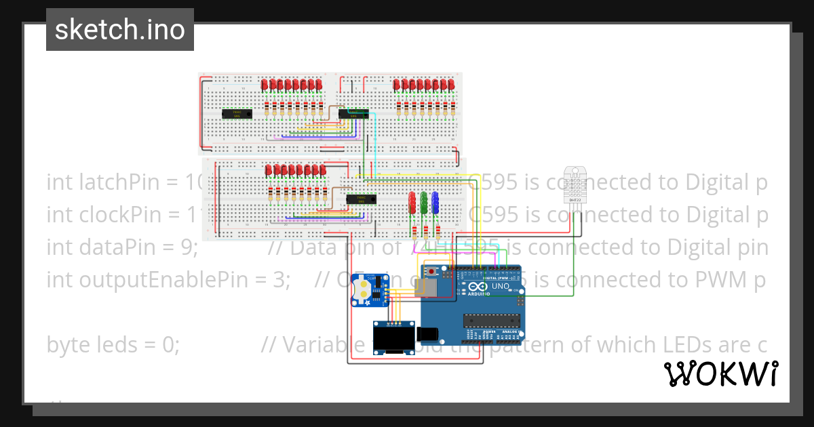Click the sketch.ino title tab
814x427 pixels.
pyautogui.click(x=120, y=30)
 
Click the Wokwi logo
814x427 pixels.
pyautogui.click(x=720, y=373)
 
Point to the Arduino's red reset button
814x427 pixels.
pyautogui.click(x=432, y=272)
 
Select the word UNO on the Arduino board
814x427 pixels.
pyautogui.click(x=500, y=286)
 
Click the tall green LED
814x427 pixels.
pyautogui.click(x=424, y=202)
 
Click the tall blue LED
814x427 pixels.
pyautogui.click(x=435, y=202)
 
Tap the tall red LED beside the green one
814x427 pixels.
pyautogui.click(x=412, y=202)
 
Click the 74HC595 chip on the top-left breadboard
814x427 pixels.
pyautogui.click(x=238, y=113)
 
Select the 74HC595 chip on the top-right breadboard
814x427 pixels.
pyautogui.click(x=353, y=113)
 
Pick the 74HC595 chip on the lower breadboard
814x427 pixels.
pyautogui.click(x=361, y=199)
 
